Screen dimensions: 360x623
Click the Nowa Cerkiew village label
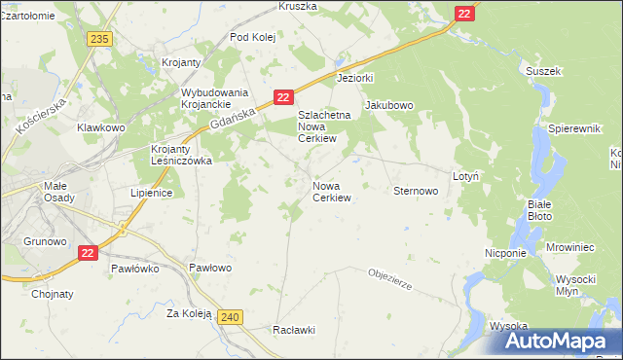pyautogui.click(x=331, y=191)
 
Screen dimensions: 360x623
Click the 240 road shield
pyautogui.click(x=231, y=317)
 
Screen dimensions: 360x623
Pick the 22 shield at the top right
pyautogui.click(x=465, y=13)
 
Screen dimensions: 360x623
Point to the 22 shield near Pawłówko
pyautogui.click(x=88, y=252)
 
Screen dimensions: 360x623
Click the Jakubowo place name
pyautogui.click(x=389, y=105)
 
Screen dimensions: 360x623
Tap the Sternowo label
pyautogui.click(x=416, y=191)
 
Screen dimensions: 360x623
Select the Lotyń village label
pyautogui.click(x=465, y=176)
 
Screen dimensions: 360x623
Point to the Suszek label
pyautogui.click(x=543, y=71)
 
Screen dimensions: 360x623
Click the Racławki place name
pyautogui.click(x=296, y=329)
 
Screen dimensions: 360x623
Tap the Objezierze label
pyautogui.click(x=392, y=279)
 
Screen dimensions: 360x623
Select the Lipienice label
pyautogui.click(x=151, y=193)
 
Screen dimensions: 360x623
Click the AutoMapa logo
pyautogui.click(x=563, y=341)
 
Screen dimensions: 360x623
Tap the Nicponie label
pyautogui.click(x=505, y=252)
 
